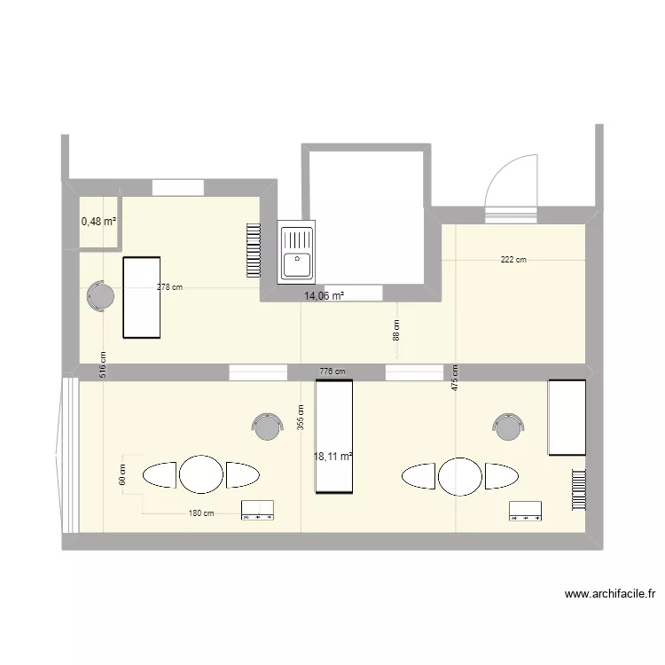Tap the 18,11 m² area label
pos(333,457)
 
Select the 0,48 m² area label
pos(99,221)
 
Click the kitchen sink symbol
pos(296,252)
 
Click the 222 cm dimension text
pos(513,260)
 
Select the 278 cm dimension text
pos(170,286)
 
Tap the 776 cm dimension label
pos(332,372)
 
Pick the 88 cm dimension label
pos(396,330)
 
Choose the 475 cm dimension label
pos(455,379)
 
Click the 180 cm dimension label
pos(201,513)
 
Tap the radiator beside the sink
pos(254,250)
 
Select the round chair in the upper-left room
pos(99,297)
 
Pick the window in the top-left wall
pos(178,188)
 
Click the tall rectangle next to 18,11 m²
pos(334,435)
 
